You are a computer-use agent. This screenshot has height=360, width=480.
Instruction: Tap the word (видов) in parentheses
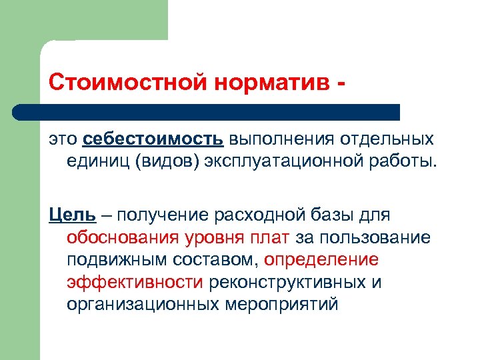[169, 160]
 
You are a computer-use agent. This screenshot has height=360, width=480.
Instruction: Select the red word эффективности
[135, 282]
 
